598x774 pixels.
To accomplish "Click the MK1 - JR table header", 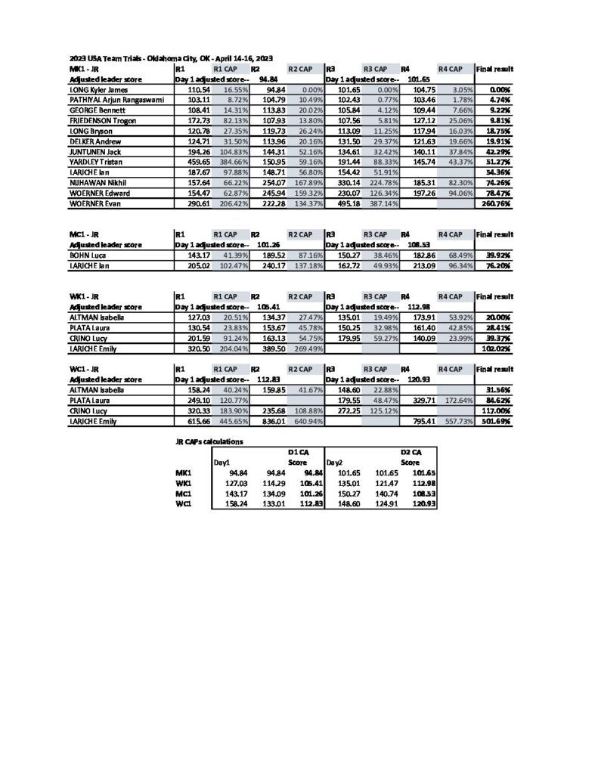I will click(84, 69).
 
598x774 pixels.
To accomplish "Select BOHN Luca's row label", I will click(87, 256).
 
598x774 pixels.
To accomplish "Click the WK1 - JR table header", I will click(85, 297).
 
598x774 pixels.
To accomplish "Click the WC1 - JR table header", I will click(85, 367).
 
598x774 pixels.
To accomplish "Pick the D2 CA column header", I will click(411, 451).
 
